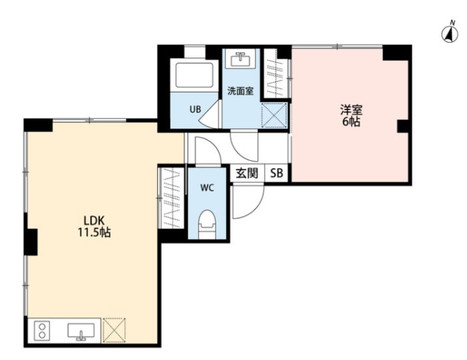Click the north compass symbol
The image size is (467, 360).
coord(450,33)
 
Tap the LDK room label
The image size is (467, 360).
coord(94,221)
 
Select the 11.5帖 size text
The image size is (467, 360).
coord(94,233)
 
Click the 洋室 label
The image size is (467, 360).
coord(351,110)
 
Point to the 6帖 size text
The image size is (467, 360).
coord(351,121)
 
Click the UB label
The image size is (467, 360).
coord(195,109)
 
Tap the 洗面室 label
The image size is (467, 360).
coord(240,91)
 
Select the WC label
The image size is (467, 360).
coord(207,188)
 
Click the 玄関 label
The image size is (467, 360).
coord(247,173)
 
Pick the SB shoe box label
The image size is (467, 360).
coord(276,173)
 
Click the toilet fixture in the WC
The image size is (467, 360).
coord(207,224)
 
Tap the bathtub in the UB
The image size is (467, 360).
coord(194,75)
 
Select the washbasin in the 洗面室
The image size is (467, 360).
coord(240,59)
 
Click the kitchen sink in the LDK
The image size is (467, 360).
coord(81,331)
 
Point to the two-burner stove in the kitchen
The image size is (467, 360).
coord(42,331)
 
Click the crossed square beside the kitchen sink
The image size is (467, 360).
coord(114,331)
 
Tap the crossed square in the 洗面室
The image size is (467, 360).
coord(274,115)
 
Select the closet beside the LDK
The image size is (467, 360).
coord(172,198)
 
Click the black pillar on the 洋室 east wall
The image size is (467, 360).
coord(402,126)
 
